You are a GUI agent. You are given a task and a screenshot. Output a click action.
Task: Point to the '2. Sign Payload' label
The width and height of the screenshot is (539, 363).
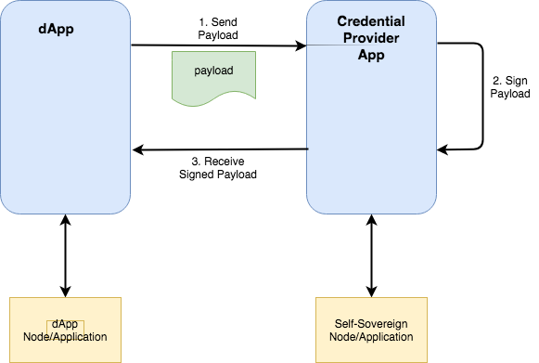[x=510, y=86]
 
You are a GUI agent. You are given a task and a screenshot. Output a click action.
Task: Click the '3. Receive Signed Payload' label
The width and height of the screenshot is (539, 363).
[x=217, y=167]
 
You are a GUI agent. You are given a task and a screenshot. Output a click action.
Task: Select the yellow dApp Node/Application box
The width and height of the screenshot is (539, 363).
[x=65, y=330]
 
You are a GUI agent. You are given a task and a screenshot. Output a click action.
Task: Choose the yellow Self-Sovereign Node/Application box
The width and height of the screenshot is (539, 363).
[x=371, y=330]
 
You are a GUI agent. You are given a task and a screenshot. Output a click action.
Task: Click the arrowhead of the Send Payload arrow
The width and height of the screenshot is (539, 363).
[x=301, y=45]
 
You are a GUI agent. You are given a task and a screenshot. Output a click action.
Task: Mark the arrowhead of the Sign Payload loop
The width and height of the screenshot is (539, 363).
[x=443, y=149]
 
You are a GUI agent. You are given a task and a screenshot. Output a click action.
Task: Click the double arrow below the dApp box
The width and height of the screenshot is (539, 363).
[x=65, y=254]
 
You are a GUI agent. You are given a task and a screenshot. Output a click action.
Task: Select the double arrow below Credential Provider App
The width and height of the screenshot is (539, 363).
[x=371, y=254]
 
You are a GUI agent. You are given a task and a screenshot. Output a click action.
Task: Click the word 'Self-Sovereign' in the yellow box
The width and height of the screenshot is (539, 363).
[x=371, y=323]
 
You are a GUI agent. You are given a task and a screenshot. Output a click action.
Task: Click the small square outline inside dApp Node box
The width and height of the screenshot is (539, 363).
[x=65, y=325]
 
